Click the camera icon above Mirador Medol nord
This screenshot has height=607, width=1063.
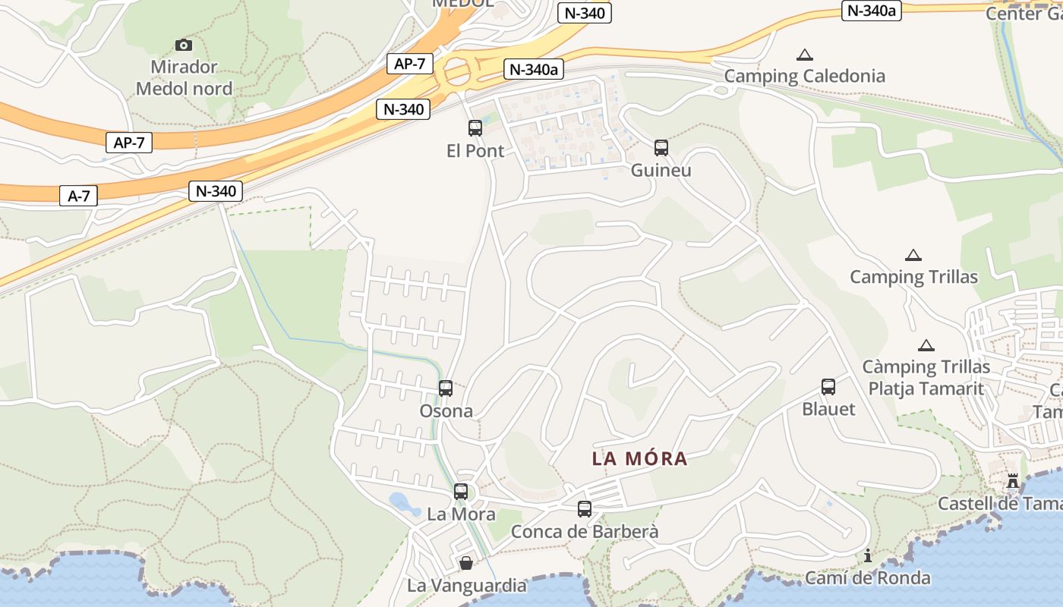pos(184,45)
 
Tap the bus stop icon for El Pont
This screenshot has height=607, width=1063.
pos(475,128)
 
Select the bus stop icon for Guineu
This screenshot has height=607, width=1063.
pos(661,148)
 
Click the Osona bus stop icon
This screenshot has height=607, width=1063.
pos(446,388)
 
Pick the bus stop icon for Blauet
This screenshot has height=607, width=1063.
pos(828,387)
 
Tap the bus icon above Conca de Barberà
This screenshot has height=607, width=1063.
pos(584,509)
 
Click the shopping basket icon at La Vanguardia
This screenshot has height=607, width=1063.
pos(466,563)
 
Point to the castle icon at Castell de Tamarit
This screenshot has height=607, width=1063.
pos(1012,481)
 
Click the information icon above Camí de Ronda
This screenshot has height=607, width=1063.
pos(868,556)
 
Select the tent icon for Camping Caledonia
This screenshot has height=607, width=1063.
pos(805,55)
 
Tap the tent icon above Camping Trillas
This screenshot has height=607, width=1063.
pos(913,256)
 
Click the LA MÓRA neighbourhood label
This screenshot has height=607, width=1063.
pos(639,458)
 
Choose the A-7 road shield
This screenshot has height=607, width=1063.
pos(79,196)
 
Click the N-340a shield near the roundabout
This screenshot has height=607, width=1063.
pos(533,69)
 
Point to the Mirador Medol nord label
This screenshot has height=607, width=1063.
pos(184,77)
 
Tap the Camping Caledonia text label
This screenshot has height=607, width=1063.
pos(804,76)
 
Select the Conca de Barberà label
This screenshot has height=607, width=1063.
pos(585,531)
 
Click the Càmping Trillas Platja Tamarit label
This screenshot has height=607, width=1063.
pos(926,378)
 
